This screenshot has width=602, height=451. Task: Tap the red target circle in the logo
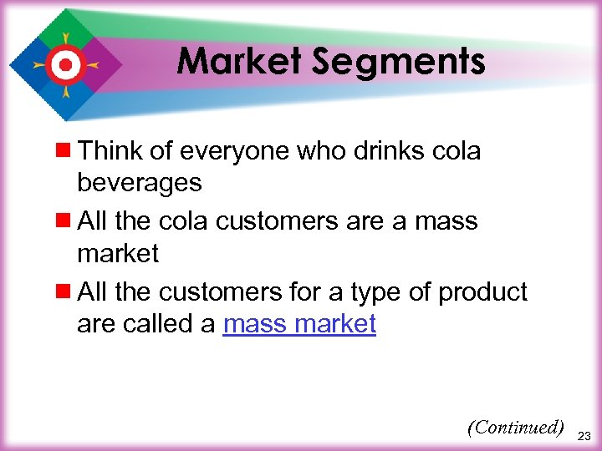click(64, 64)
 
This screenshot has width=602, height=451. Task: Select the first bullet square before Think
click(65, 150)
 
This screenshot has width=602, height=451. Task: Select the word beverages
click(139, 182)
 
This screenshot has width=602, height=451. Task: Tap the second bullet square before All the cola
click(65, 221)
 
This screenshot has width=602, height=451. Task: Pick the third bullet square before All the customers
click(65, 292)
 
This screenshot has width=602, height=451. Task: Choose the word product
click(483, 292)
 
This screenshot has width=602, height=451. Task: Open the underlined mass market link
click(299, 324)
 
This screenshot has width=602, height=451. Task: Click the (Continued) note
click(515, 428)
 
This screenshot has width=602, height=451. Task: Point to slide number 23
click(585, 435)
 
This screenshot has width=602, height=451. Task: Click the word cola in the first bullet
click(457, 150)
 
